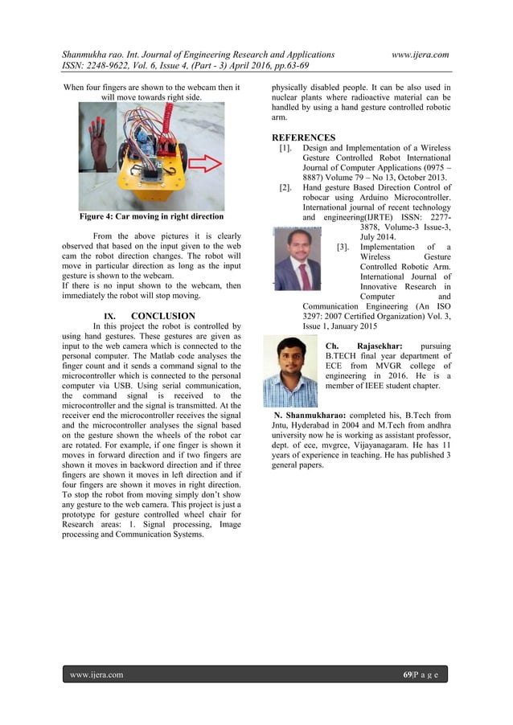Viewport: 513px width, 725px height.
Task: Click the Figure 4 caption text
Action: pyautogui.click(x=151, y=217)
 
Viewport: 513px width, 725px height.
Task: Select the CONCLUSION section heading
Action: pyautogui.click(x=162, y=316)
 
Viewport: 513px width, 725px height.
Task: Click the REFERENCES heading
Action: pyautogui.click(x=303, y=137)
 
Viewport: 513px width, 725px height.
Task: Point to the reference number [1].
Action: pyautogui.click(x=285, y=148)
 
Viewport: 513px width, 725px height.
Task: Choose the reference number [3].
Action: pyautogui.click(x=343, y=247)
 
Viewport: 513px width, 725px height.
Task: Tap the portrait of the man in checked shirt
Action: pyautogui.click(x=290, y=371)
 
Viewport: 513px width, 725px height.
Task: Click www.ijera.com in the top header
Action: pyautogui.click(x=420, y=54)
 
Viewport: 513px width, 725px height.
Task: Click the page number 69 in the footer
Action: pyautogui.click(x=408, y=674)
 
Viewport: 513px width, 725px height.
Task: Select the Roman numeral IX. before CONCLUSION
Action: pyautogui.click(x=113, y=316)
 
